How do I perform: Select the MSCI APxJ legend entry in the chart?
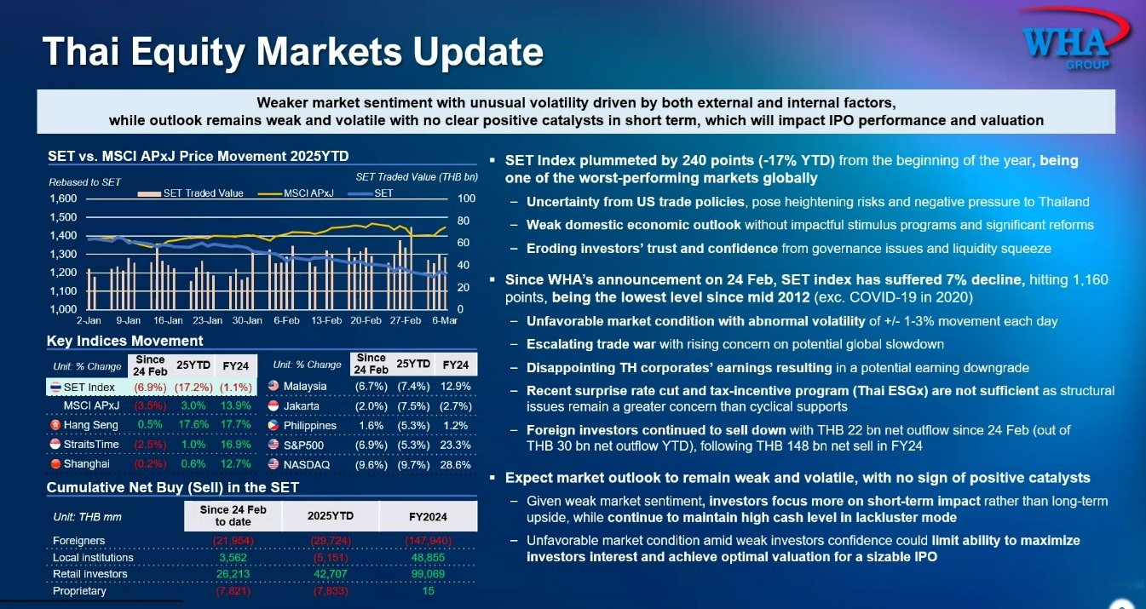[308, 193]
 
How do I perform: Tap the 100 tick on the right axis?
[466, 198]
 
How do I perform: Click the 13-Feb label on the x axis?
[326, 321]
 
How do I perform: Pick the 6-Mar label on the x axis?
[444, 321]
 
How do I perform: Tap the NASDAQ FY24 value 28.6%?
[456, 465]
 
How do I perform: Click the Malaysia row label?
[306, 386]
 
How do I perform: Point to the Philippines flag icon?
[274, 425]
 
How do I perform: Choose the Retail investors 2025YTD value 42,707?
[330, 574]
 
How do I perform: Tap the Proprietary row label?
[80, 591]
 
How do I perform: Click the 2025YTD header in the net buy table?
[330, 516]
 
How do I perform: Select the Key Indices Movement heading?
[124, 341]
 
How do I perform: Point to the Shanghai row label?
[87, 464]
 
